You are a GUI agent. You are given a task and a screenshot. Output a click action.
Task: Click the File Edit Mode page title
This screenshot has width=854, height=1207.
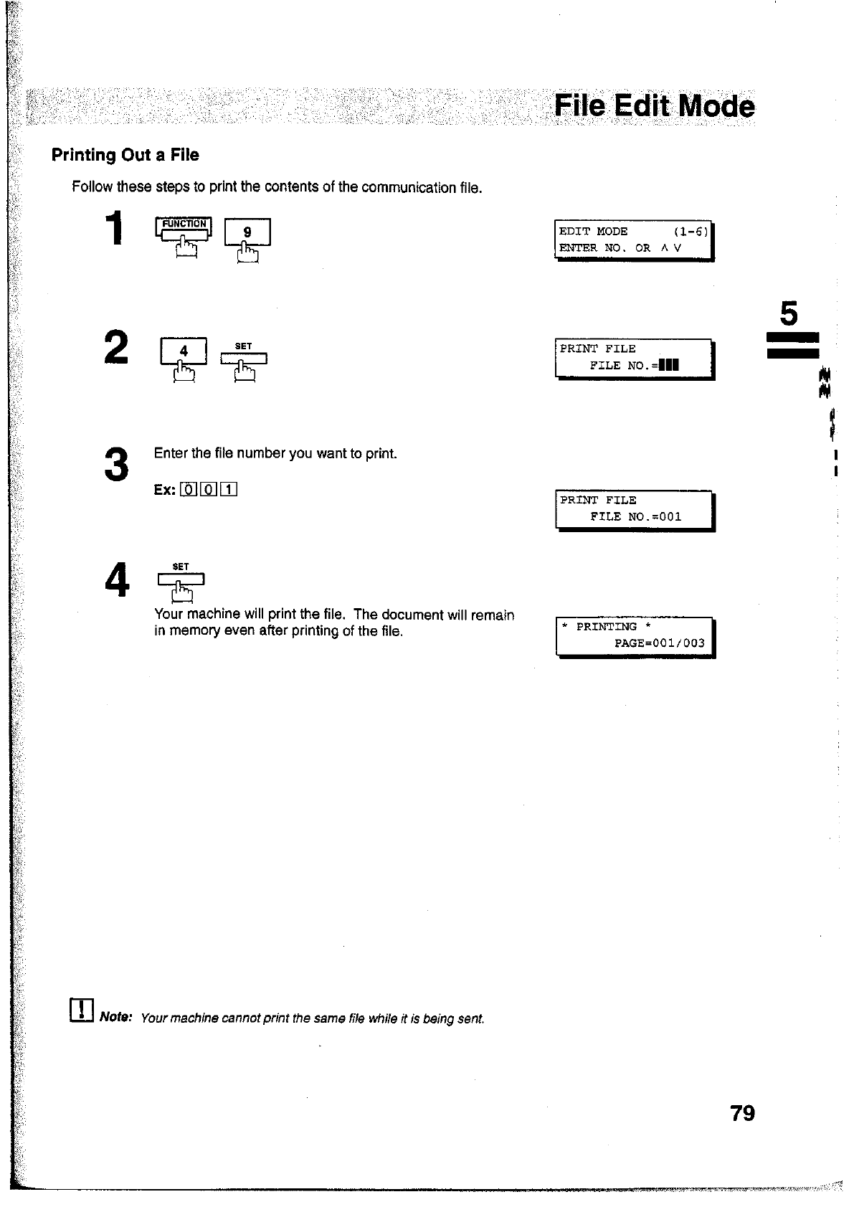pyautogui.click(x=654, y=108)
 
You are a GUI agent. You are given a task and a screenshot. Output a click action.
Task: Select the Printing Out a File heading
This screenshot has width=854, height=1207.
pyautogui.click(x=125, y=155)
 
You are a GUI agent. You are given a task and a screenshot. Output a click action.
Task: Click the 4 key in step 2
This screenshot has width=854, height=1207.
pyautogui.click(x=184, y=351)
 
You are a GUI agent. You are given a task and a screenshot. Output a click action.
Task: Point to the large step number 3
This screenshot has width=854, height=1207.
pyautogui.click(x=116, y=464)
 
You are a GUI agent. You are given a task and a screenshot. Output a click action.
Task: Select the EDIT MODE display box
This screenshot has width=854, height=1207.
pyautogui.click(x=635, y=240)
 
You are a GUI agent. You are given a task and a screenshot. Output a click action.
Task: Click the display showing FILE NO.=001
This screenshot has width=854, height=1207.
pyautogui.click(x=635, y=509)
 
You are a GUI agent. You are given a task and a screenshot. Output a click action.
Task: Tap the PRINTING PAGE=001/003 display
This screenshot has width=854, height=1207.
pyautogui.click(x=635, y=635)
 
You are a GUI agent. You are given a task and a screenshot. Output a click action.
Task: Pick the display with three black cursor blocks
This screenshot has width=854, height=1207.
pyautogui.click(x=635, y=358)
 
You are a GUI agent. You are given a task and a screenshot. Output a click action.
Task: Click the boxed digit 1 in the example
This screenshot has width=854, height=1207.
pyautogui.click(x=229, y=490)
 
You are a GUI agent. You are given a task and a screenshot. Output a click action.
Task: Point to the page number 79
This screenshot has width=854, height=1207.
pyautogui.click(x=742, y=1113)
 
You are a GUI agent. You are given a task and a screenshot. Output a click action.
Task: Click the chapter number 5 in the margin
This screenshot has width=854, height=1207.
pyautogui.click(x=788, y=314)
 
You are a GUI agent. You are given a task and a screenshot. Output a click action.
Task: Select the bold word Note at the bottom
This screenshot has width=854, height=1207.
pyautogui.click(x=115, y=1017)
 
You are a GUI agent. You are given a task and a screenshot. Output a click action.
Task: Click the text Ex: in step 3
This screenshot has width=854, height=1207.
pyautogui.click(x=164, y=490)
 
